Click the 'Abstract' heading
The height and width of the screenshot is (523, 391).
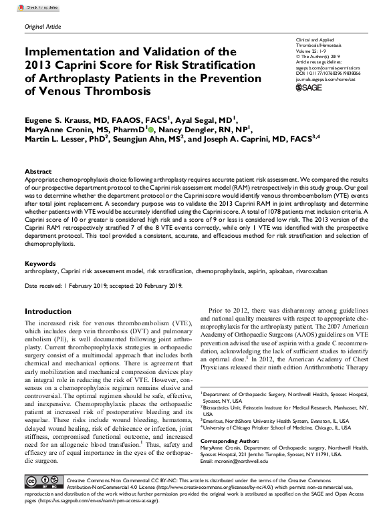coord(37,171)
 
